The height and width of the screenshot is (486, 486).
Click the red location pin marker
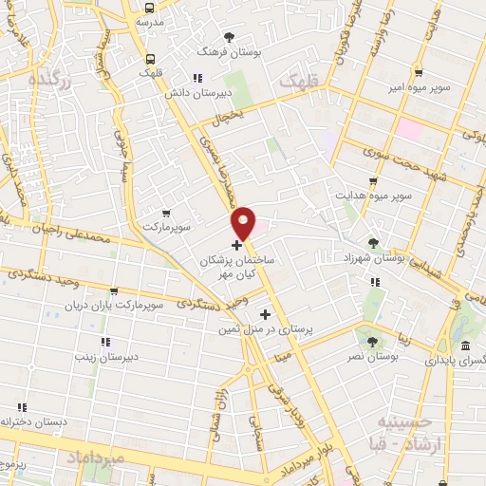click(244, 222)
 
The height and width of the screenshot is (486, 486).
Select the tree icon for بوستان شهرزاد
click(373, 242)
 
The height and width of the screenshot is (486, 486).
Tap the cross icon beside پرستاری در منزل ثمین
click(265, 314)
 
